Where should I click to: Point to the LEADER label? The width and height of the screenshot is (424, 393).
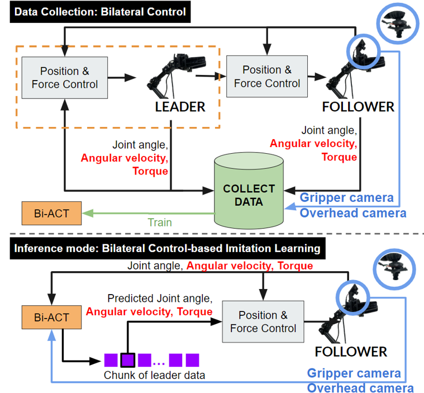(x=180, y=106)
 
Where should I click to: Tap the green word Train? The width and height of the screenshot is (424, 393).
(x=160, y=222)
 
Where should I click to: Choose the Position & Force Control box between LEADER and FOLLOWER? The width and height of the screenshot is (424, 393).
(x=267, y=77)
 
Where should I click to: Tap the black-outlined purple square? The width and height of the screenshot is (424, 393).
(x=128, y=359)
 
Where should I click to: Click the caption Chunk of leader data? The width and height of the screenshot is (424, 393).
(x=154, y=375)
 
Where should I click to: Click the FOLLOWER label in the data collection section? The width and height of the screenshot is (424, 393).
(x=358, y=106)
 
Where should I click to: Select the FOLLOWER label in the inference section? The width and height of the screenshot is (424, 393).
(x=351, y=352)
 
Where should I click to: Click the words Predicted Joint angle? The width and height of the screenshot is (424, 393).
(x=160, y=299)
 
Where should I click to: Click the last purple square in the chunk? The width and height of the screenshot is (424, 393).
(x=193, y=359)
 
